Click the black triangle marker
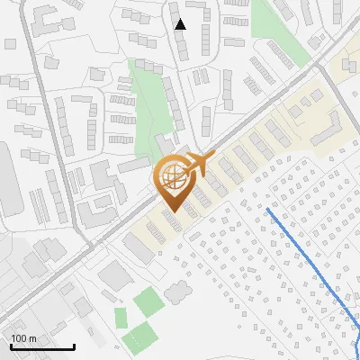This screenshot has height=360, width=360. pyautogui.click(x=181, y=24)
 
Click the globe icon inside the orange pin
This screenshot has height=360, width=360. pyautogui.click(x=172, y=176)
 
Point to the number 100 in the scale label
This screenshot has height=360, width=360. pyautogui.click(x=20, y=338)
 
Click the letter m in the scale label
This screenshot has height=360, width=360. pyautogui.click(x=33, y=338)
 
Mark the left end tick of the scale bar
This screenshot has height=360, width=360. pyautogui.click(x=11, y=346)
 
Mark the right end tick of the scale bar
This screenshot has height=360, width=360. pyautogui.click(x=73, y=346)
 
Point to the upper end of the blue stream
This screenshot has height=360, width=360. pyautogui.click(x=268, y=211)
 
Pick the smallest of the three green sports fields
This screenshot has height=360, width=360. pyautogui.click(x=120, y=317)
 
